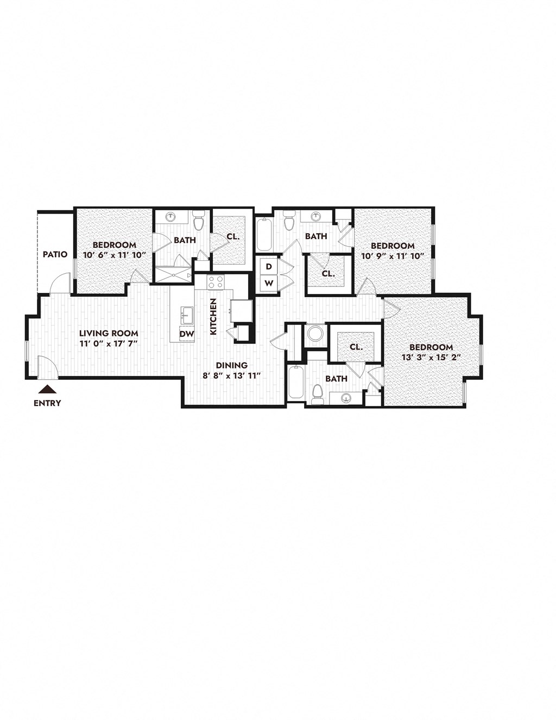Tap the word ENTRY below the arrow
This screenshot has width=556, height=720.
47,403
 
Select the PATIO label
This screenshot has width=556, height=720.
55,254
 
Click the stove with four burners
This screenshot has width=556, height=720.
216,283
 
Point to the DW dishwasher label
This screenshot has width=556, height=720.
187,334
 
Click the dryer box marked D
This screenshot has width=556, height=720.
269,267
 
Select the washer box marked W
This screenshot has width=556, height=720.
269,283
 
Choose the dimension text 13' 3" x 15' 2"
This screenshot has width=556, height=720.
431,358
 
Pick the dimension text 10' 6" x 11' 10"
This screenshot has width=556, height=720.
114,255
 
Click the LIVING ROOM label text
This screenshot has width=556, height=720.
109,333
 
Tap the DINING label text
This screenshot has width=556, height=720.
232,365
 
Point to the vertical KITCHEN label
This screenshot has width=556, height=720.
213,316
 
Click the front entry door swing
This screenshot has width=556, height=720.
47,367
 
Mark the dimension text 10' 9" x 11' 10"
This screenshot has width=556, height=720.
393,255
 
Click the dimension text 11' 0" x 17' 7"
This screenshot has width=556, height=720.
109,343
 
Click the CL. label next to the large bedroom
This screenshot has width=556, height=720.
356,347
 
